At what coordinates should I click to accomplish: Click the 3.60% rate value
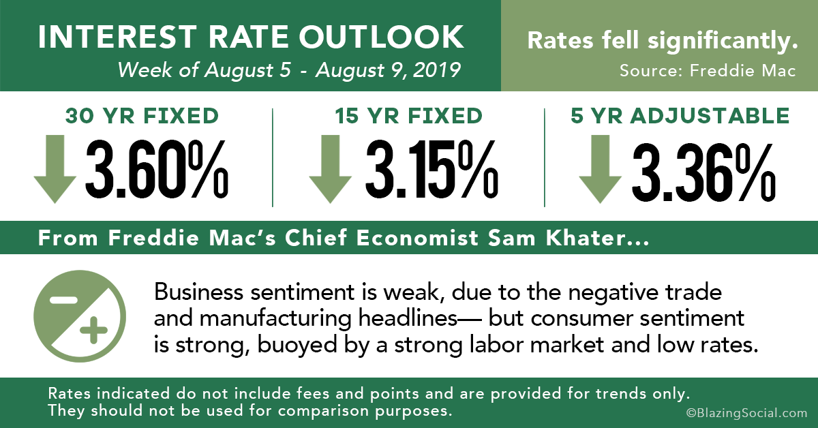pyautogui.click(x=157, y=170)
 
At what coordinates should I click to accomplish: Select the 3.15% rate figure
pyautogui.click(x=431, y=170)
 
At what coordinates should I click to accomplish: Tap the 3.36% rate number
pyautogui.click(x=703, y=172)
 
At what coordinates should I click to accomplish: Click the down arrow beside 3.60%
pyautogui.click(x=55, y=169)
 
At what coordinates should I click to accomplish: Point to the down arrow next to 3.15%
pyautogui.click(x=330, y=169)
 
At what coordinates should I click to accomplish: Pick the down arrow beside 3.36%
pyautogui.click(x=600, y=169)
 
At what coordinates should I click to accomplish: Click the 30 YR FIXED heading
pyautogui.click(x=142, y=116)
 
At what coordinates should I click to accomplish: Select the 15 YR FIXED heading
pyautogui.click(x=408, y=116)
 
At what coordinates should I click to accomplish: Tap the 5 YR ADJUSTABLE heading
pyautogui.click(x=680, y=116)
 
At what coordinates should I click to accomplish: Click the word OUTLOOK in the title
pyautogui.click(x=381, y=37)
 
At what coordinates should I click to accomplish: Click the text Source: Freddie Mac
pyautogui.click(x=708, y=70)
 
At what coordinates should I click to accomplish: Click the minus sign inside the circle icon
pyautogui.click(x=63, y=300)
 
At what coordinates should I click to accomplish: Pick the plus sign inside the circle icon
pyautogui.click(x=93, y=330)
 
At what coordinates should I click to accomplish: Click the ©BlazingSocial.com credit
pyautogui.click(x=746, y=412)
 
